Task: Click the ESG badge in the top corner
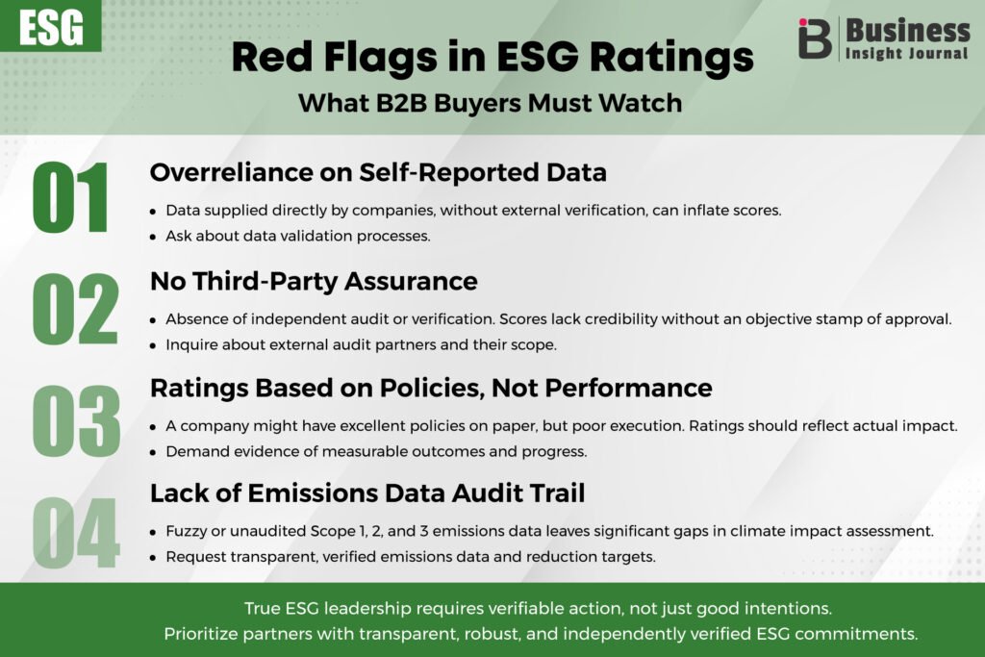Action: [x=50, y=26]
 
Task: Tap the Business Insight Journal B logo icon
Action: [x=815, y=38]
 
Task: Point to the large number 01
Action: [x=70, y=198]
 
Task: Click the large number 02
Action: [x=75, y=309]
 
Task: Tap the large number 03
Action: [x=76, y=420]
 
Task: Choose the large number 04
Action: [x=75, y=533]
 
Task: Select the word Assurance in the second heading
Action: [x=411, y=282]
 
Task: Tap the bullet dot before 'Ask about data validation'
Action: [x=153, y=238]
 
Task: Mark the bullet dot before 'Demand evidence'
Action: [x=153, y=453]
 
